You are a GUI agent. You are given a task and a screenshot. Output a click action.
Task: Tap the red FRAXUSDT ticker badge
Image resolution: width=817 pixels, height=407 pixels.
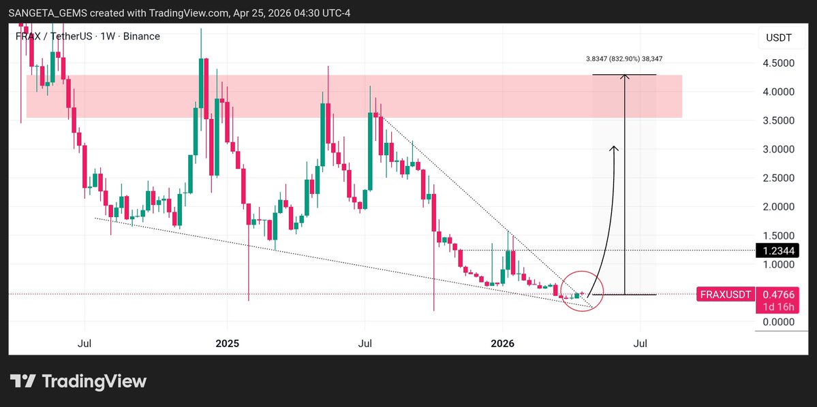[x=725, y=295]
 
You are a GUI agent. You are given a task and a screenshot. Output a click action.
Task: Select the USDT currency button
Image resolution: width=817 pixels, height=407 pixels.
[x=778, y=38]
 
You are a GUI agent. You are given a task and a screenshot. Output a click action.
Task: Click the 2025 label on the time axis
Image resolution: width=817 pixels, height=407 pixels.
[x=228, y=344]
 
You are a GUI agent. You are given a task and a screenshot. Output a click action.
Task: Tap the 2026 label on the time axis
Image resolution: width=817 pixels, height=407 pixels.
[x=502, y=344]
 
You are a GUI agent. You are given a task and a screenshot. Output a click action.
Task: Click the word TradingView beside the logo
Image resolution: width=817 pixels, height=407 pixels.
[x=94, y=382]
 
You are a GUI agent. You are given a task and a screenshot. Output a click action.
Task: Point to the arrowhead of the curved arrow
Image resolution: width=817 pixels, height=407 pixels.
[x=614, y=148]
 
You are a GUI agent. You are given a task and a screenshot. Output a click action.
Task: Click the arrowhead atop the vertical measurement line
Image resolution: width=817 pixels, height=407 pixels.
[x=624, y=76]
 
